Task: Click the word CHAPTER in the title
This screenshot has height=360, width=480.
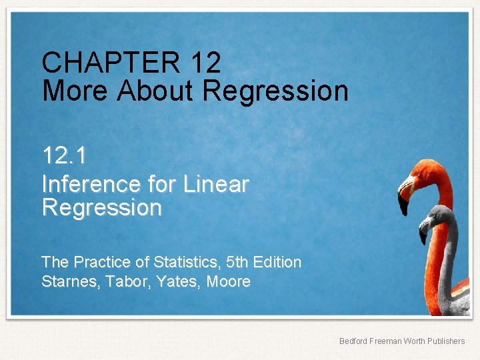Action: [111, 63]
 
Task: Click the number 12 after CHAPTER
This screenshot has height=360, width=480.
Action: [205, 63]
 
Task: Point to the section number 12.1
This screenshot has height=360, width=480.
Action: [64, 155]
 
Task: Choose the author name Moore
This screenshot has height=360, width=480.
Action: [229, 281]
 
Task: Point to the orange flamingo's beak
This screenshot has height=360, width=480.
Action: [404, 197]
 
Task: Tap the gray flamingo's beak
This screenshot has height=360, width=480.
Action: [424, 233]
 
